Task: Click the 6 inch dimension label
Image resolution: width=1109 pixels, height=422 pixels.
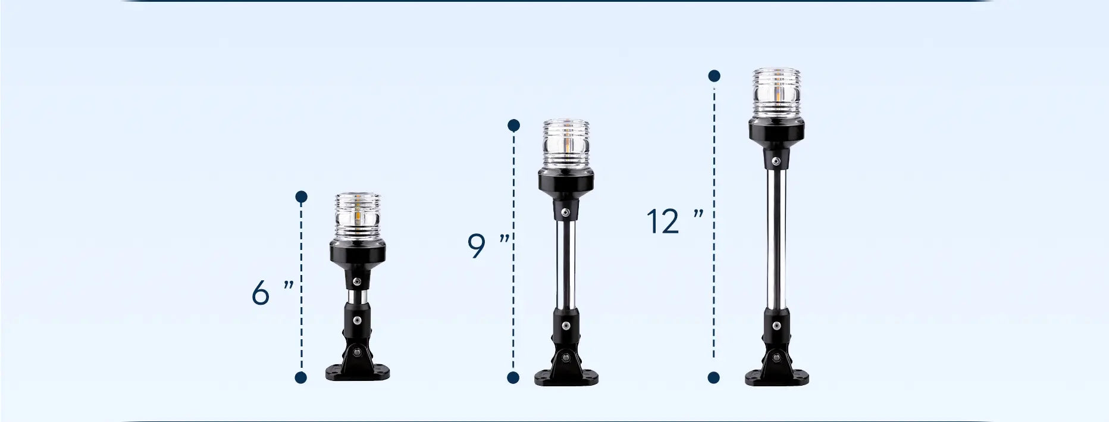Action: tap(273, 293)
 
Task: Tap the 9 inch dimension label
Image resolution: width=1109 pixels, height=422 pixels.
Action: tap(488, 246)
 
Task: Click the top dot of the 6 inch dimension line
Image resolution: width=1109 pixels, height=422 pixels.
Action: tap(301, 196)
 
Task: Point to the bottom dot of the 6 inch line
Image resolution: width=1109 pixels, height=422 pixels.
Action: tap(301, 377)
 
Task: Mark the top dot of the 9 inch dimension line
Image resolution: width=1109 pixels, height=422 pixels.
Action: tap(514, 125)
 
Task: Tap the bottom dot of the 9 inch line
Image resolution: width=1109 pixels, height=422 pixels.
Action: tap(513, 377)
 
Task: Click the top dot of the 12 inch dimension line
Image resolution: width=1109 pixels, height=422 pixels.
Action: tap(715, 76)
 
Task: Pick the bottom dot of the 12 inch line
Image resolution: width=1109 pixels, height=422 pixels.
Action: tap(714, 377)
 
